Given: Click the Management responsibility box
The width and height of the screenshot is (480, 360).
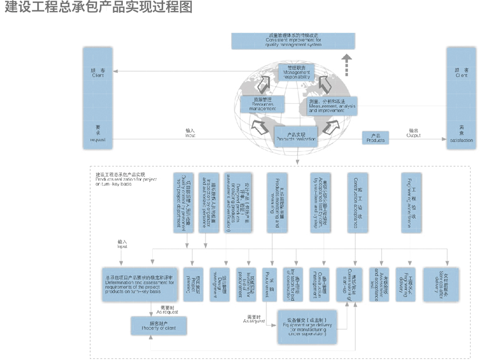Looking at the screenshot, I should click(x=295, y=72).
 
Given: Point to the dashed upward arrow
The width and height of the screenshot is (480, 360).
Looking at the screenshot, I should click(x=346, y=64).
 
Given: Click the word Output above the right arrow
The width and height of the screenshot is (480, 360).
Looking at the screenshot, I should click(x=413, y=136).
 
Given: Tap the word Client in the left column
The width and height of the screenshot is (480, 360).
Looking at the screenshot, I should click(x=98, y=75).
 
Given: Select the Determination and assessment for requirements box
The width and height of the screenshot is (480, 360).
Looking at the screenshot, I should click(x=138, y=284).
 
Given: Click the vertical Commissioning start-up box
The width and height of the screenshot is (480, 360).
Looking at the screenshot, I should click(x=346, y=284).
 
